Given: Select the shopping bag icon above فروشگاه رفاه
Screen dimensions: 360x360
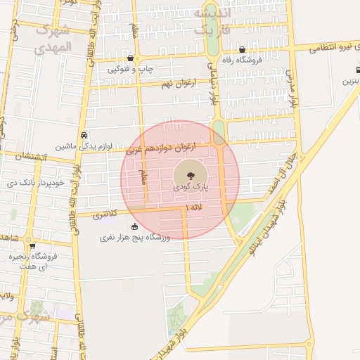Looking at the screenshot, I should click(243, 50).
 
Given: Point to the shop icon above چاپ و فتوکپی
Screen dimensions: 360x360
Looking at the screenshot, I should click(131, 58).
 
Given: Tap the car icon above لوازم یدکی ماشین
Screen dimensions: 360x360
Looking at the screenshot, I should click(84, 134).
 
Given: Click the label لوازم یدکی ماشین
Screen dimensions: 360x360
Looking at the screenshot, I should click(84, 147).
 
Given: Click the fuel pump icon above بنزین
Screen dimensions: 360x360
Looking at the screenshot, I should click(357, 71).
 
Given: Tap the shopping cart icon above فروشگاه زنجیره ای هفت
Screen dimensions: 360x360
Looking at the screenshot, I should click(32, 246).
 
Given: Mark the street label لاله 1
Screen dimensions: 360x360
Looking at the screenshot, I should click(195, 208).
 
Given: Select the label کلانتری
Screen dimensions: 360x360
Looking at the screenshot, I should click(106, 215).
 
